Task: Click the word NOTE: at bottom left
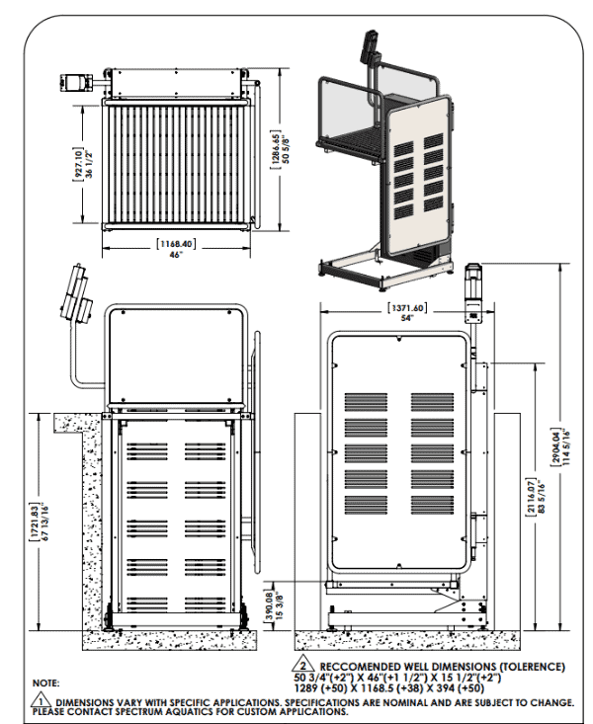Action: pos(46,683)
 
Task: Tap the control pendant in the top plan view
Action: pos(76,81)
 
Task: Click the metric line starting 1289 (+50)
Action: pos(391,688)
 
